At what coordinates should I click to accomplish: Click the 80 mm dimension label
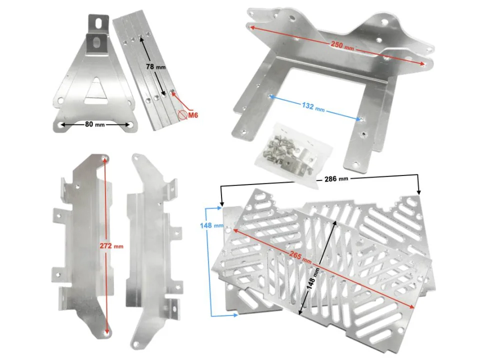pos(95,124)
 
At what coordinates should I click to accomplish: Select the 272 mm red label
pos(111,246)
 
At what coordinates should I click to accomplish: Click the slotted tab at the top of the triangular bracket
pos(98,22)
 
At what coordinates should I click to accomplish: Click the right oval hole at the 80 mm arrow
pos(129,124)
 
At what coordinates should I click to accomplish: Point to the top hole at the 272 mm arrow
pos(104,159)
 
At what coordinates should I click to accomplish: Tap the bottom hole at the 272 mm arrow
pos(106,331)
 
